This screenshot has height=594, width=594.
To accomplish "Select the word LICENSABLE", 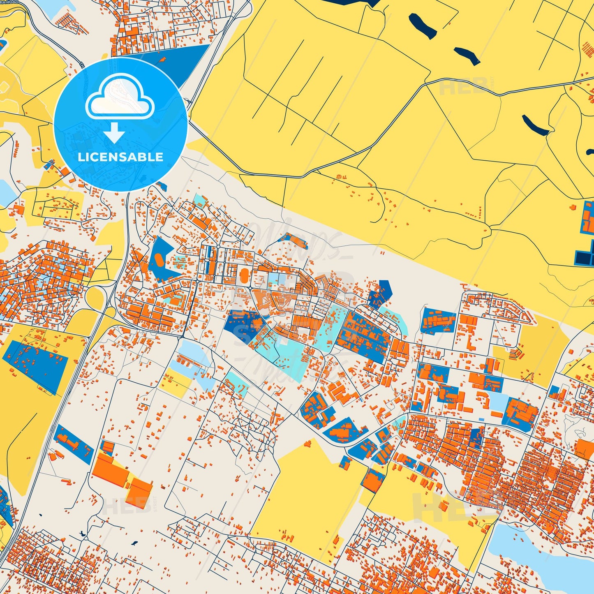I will tap(120, 157).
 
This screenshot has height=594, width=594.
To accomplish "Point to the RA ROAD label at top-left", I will tap(9, 2).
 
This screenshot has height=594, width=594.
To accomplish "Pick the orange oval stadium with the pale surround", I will tap(244, 273).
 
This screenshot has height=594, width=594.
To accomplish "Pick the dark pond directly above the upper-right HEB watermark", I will tap(467, 56).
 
